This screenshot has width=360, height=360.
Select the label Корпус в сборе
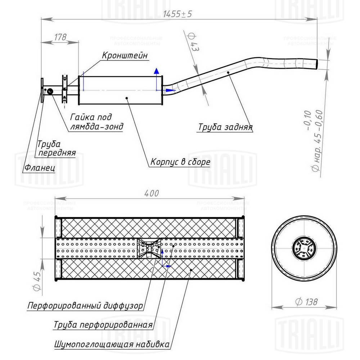point(180,162)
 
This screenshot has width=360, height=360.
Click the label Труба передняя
point(56,148)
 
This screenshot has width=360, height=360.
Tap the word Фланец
point(39,168)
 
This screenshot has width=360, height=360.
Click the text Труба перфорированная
point(102,325)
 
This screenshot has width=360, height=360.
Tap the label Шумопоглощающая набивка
point(112,344)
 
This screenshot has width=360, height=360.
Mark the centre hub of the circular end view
point(304,248)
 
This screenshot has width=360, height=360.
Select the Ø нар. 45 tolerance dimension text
point(312,140)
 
